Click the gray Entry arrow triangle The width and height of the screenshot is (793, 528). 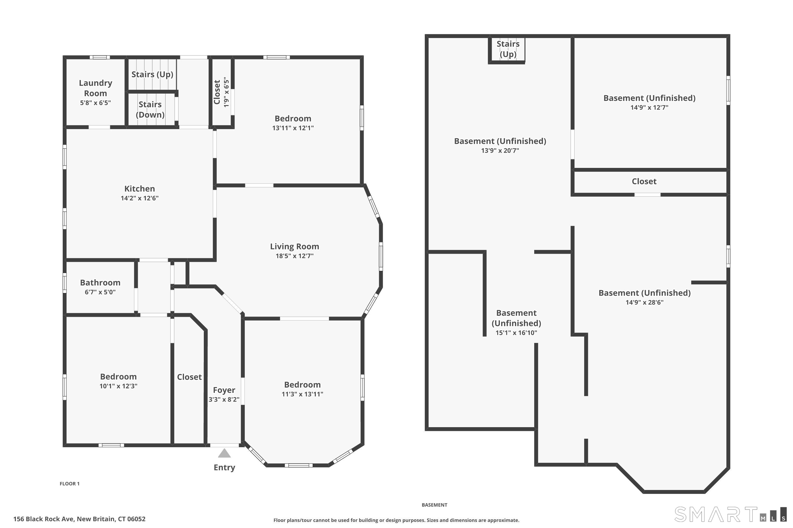[x=224, y=453]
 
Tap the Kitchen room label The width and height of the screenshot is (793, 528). [x=140, y=188]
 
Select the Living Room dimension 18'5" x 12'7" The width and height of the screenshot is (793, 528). [x=294, y=256]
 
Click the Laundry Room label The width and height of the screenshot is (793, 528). [x=95, y=88]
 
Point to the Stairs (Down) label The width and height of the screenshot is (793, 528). [x=150, y=110]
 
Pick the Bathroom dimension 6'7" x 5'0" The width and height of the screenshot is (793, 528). [x=100, y=292]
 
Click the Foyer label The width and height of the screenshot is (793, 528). [x=224, y=390]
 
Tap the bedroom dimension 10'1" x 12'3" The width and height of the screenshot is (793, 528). [x=118, y=386]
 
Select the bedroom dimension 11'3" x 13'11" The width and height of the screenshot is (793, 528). [x=302, y=394]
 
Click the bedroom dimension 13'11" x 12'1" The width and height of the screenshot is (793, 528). [x=293, y=128]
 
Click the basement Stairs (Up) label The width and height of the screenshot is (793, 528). [x=508, y=49]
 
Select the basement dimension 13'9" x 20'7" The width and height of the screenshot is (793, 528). [x=500, y=150]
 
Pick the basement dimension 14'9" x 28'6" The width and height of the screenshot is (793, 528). [x=644, y=302]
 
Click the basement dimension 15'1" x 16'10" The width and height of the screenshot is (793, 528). [x=516, y=333]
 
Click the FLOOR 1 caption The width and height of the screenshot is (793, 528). [x=70, y=484]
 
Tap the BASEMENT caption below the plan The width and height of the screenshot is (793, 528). [x=434, y=505]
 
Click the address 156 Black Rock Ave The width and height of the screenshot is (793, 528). [x=44, y=519]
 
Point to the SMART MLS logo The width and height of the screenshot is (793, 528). [x=731, y=515]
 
